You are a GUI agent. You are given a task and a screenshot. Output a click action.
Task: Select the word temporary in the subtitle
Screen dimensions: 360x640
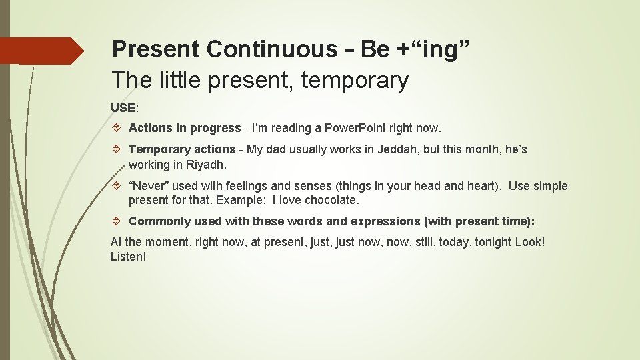coord(355,81)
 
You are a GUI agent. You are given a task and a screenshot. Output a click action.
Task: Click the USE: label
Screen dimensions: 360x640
coord(125,107)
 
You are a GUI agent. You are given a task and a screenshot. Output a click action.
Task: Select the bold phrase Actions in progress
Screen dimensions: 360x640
coord(185,128)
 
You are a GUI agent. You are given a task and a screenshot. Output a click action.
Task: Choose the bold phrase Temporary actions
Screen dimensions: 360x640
coord(182,149)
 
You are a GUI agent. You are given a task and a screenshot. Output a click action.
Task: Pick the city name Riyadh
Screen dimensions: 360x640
coord(205,164)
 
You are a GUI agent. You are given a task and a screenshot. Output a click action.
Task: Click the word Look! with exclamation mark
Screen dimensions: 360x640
coord(530,242)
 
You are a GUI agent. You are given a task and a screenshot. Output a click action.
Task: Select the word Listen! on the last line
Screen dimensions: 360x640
coord(128,256)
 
